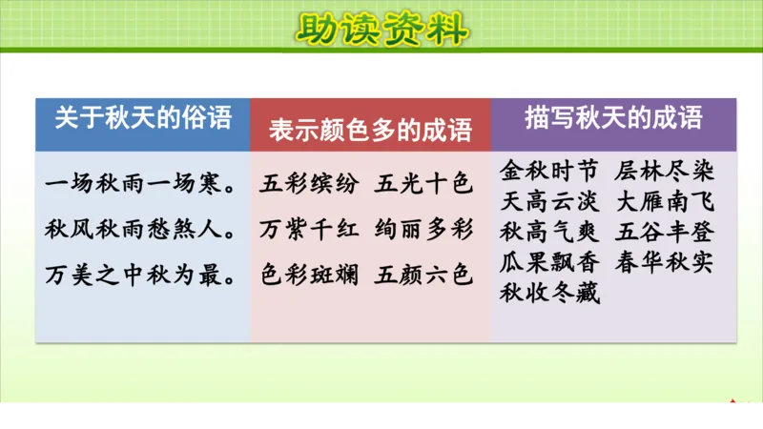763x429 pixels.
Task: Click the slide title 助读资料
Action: pyautogui.click(x=381, y=30)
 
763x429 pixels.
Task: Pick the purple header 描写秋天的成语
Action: pyautogui.click(x=613, y=118)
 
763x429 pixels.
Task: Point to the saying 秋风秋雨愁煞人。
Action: pyautogui.click(x=142, y=229)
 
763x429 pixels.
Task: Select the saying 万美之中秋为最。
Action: pyautogui.click(x=142, y=275)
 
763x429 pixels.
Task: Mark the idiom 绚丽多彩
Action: pyautogui.click(x=424, y=229)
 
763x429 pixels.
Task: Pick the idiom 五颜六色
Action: pyautogui.click(x=424, y=275)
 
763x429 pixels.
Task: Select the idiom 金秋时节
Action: pyautogui.click(x=550, y=172)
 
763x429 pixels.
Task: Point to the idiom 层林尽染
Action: pyautogui.click(x=665, y=172)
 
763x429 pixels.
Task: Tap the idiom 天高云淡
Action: pyautogui.click(x=550, y=202)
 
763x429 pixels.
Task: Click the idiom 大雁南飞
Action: pyautogui.click(x=665, y=202)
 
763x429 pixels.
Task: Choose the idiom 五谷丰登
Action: pyautogui.click(x=665, y=233)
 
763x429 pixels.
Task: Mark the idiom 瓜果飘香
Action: pyautogui.click(x=550, y=263)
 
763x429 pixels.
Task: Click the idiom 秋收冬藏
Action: pyautogui.click(x=550, y=294)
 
